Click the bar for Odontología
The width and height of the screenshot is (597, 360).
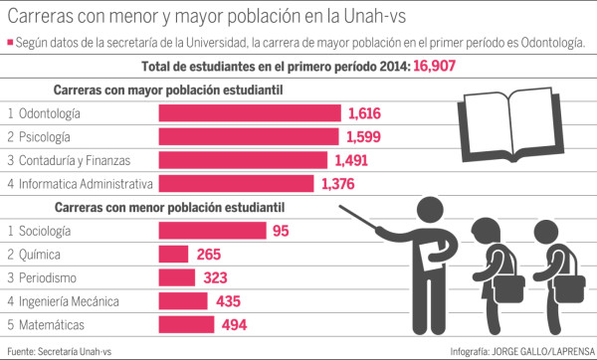coord(250,113)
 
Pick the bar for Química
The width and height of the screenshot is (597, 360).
coord(174,255)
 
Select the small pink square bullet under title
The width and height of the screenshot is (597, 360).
coord(9,43)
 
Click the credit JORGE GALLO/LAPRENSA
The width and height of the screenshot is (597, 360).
coord(545,350)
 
